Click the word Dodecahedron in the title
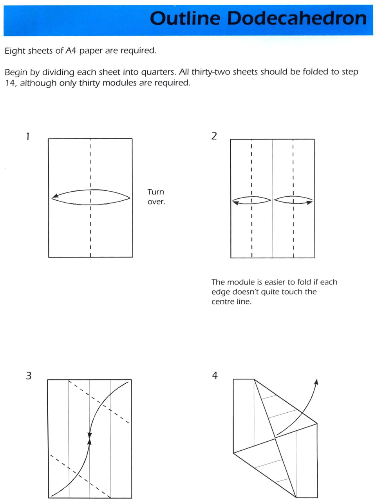pyautogui.click(x=297, y=18)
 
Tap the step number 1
pyautogui.click(x=27, y=136)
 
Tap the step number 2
pyautogui.click(x=214, y=136)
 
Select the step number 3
pyautogui.click(x=29, y=376)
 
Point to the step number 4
pyautogui.click(x=215, y=375)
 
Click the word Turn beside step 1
pyautogui.click(x=155, y=192)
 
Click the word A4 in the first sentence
pyautogui.click(x=71, y=51)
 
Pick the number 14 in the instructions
pyautogui.click(x=10, y=83)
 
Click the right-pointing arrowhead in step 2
pyautogui.click(x=309, y=202)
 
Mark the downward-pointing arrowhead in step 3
pyautogui.click(x=90, y=435)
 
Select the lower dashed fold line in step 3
pyautogui.click(x=80, y=475)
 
